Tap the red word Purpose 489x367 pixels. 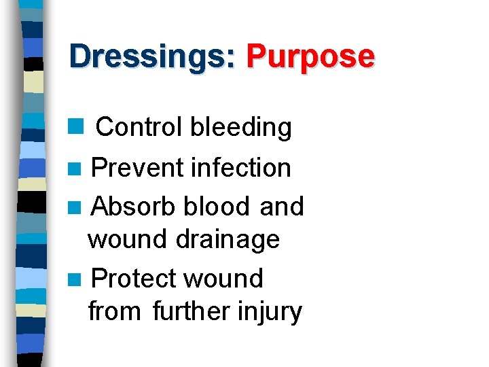[x=310, y=56]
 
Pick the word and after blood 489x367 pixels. [x=282, y=206]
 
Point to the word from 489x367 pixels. [x=114, y=312]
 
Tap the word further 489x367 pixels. [x=192, y=312]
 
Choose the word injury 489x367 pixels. [x=270, y=312]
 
